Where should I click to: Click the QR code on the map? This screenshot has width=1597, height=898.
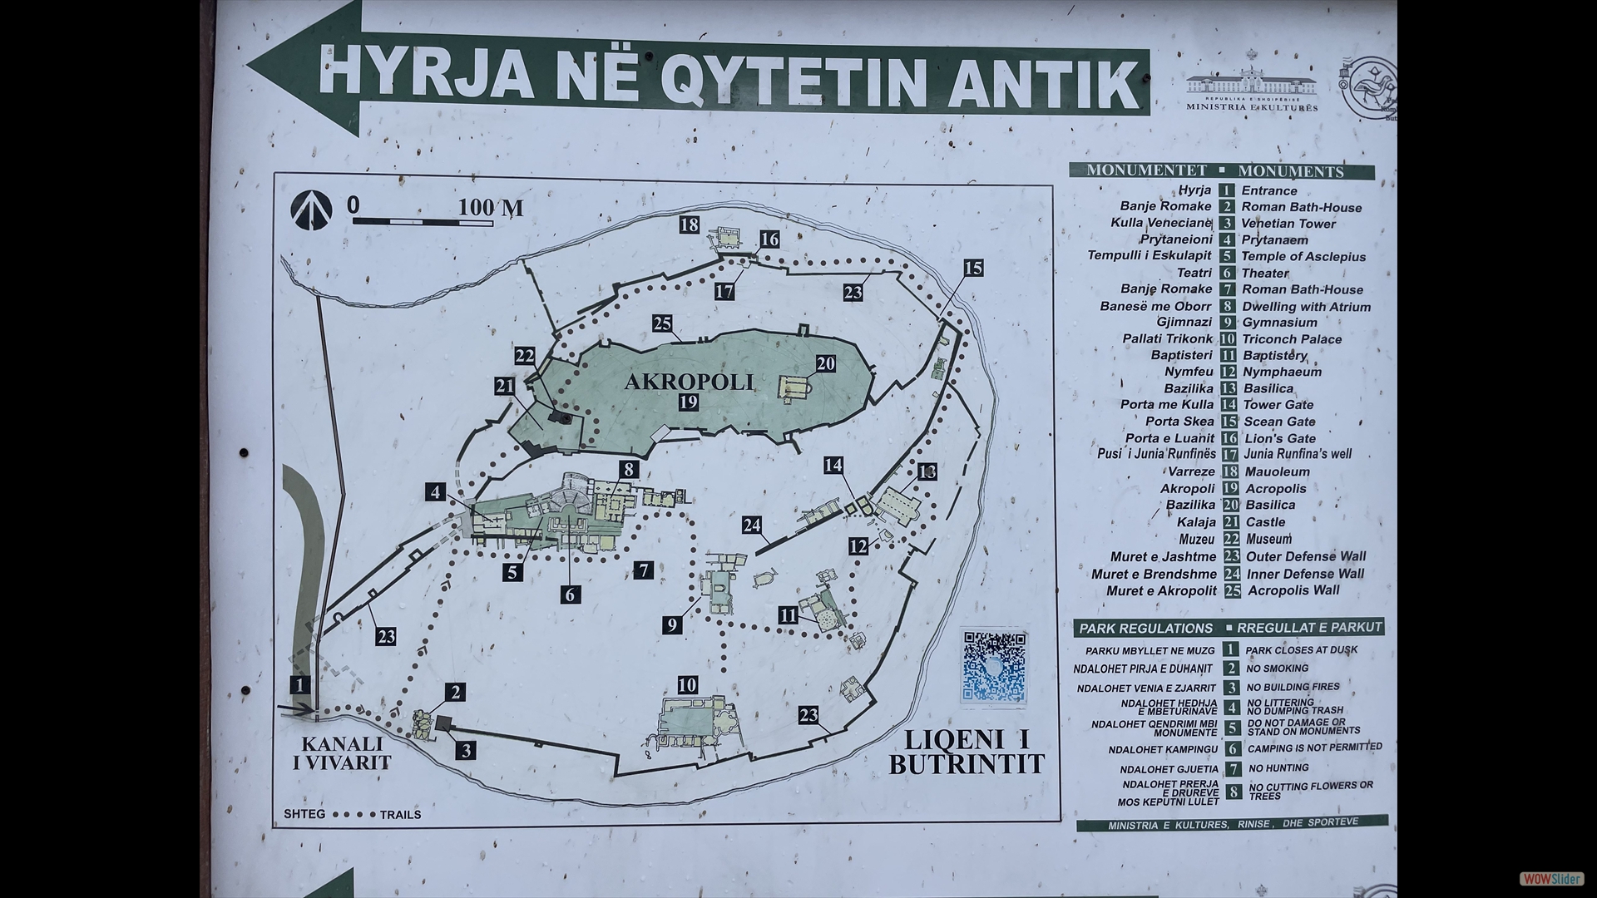994,666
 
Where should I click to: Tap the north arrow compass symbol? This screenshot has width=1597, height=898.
311,210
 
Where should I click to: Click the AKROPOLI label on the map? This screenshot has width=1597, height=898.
689,382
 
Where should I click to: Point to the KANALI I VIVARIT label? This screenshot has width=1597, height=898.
342,752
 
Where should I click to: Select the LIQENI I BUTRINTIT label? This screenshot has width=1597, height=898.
967,752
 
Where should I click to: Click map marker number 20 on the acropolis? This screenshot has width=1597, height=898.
825,364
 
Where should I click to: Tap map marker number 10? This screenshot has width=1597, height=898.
687,685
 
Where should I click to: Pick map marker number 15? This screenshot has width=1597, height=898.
973,268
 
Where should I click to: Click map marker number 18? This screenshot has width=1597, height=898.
689,224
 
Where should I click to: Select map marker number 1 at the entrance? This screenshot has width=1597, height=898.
300,685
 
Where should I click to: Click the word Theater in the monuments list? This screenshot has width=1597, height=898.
1264,273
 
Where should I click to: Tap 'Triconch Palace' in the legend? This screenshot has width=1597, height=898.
1292,339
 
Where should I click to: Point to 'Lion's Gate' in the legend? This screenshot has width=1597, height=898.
1280,438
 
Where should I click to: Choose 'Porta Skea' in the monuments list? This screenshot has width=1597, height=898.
1179,422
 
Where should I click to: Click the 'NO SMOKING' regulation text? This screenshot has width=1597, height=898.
1277,669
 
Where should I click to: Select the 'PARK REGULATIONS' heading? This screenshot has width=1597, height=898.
1145,628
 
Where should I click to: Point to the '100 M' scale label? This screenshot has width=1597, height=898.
491,208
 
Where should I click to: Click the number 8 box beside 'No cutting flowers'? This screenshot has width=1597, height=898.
1234,792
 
